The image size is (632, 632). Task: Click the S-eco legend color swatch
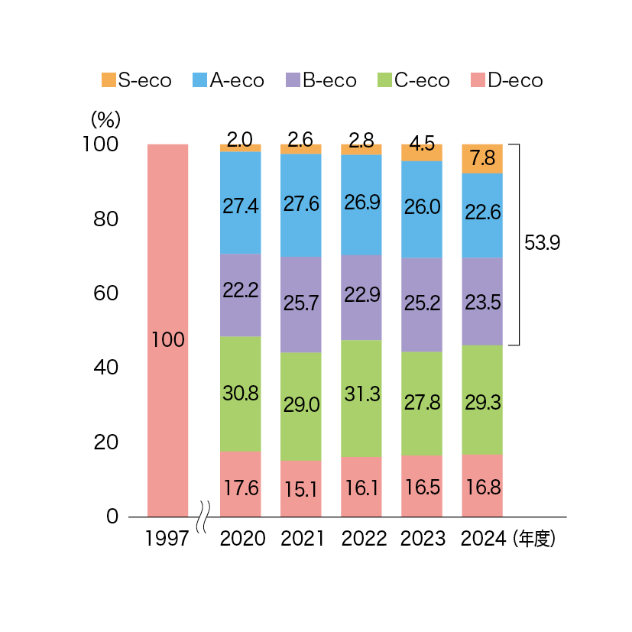(x=109, y=79)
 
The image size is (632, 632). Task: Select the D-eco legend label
(x=515, y=80)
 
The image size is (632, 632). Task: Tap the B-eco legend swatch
(x=293, y=79)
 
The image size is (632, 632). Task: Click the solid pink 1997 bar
(x=167, y=330)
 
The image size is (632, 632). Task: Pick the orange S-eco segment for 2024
(x=482, y=159)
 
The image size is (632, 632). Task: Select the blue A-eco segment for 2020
(x=240, y=203)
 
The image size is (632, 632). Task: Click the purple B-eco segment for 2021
(x=300, y=305)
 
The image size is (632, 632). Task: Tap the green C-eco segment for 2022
(x=361, y=399)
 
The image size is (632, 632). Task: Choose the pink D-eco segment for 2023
(x=422, y=486)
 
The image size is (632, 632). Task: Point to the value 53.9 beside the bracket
(x=542, y=243)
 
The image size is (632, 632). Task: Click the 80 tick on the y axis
(x=106, y=219)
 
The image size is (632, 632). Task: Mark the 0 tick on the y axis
(x=112, y=517)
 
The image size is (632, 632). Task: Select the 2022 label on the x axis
(x=364, y=539)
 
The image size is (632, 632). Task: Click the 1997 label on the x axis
(x=167, y=539)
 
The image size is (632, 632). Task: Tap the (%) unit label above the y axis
(x=105, y=119)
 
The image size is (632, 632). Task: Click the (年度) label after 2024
(x=534, y=539)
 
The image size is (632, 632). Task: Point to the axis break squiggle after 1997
(x=203, y=517)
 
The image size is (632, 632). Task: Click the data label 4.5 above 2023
(x=422, y=144)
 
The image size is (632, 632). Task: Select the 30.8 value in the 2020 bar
(x=241, y=393)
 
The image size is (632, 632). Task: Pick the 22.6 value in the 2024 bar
(x=483, y=212)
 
